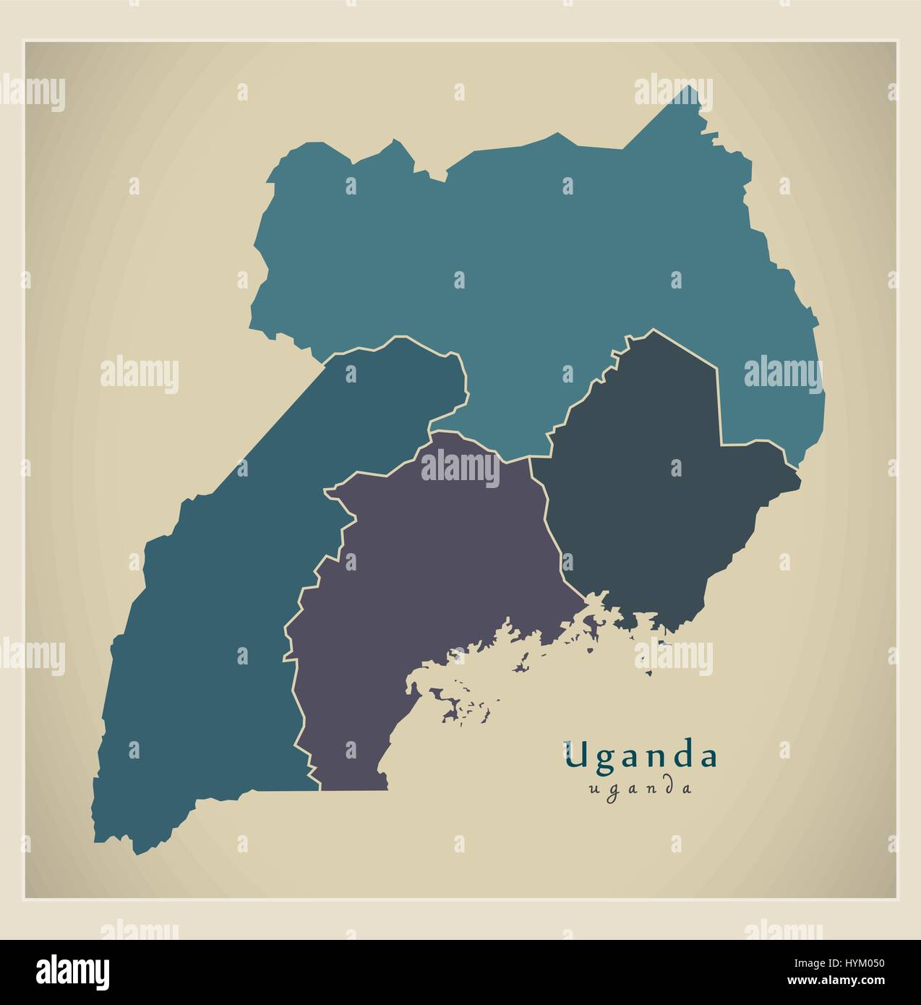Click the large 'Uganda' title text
[641, 756]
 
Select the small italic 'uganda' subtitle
[641, 788]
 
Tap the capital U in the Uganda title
[577, 756]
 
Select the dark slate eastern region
[651, 506]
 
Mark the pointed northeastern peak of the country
[693, 87]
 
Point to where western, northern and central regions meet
[431, 432]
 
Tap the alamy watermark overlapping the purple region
[460, 470]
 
